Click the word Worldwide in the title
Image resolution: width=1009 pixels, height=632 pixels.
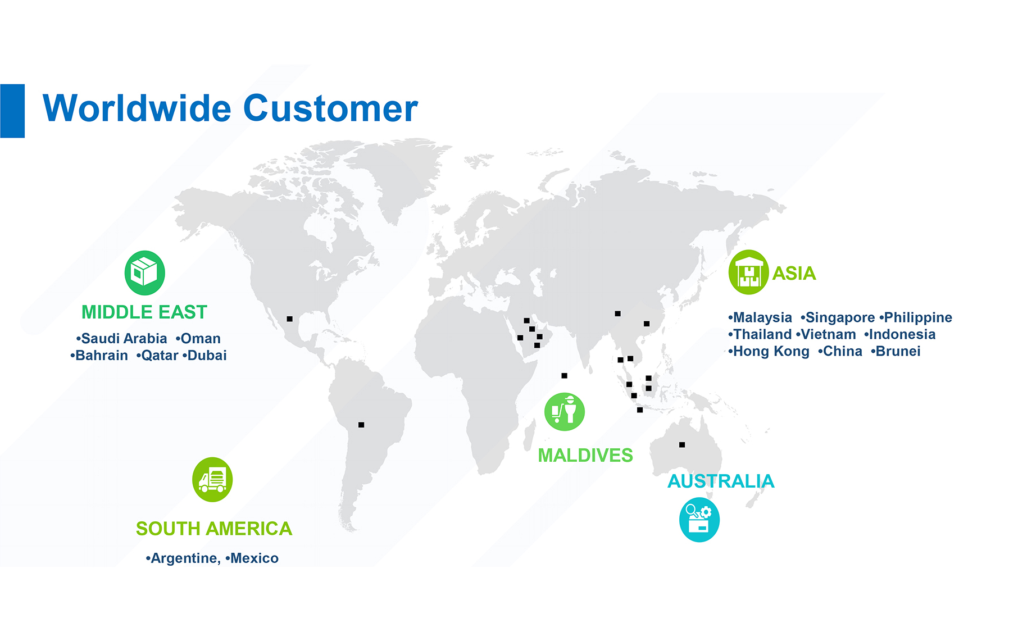tap(137, 108)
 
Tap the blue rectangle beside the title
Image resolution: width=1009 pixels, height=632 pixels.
tap(12, 111)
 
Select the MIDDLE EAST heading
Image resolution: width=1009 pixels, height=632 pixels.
tap(144, 312)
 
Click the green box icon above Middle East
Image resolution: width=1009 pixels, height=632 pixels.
tap(145, 273)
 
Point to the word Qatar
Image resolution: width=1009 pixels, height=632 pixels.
tap(160, 356)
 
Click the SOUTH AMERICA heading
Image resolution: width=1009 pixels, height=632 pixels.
tap(214, 529)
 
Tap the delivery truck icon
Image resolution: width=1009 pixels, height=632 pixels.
tap(212, 480)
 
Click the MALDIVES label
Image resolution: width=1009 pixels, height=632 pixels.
tap(585, 456)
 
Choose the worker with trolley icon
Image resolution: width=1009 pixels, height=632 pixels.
tap(565, 412)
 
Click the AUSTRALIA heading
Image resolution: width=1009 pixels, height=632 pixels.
tap(721, 481)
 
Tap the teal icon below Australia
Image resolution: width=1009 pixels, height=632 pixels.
tap(699, 520)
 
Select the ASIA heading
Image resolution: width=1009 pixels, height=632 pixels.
tap(794, 274)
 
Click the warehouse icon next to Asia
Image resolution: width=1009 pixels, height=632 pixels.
tap(749, 272)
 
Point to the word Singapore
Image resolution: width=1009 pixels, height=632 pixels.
tap(840, 318)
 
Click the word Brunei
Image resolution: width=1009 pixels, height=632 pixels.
tap(898, 352)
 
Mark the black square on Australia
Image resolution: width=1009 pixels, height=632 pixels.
tap(682, 445)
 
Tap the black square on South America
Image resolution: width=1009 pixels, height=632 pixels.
tap(361, 425)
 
